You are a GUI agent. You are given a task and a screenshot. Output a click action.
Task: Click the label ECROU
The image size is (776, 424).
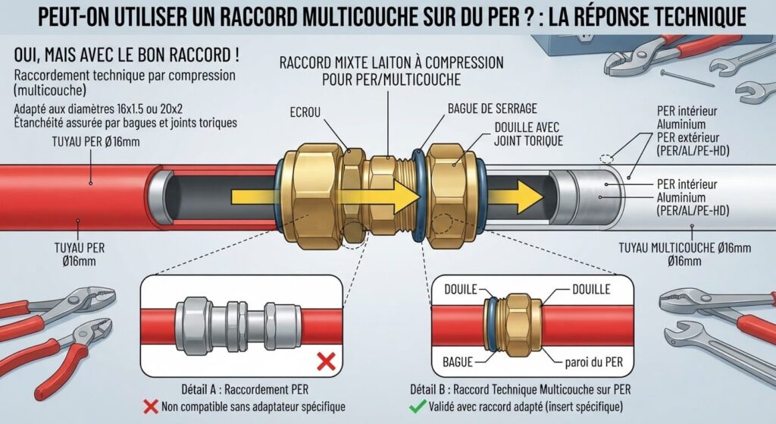click(x=305, y=113)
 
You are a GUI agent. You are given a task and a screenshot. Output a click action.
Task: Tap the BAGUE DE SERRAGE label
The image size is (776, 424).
click(x=493, y=108)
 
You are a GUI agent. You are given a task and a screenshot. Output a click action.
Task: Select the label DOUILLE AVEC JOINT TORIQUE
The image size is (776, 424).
click(x=528, y=134)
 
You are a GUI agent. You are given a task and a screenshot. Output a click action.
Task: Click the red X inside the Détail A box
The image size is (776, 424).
click(x=326, y=362)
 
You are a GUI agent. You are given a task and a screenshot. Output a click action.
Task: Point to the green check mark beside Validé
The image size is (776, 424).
click(x=418, y=407)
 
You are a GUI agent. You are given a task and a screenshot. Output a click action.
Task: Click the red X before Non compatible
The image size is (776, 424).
click(x=151, y=407)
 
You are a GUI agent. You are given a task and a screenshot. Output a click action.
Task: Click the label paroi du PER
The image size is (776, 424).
click(x=594, y=362)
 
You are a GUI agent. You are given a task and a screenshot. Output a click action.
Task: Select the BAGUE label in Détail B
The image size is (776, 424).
click(x=458, y=362)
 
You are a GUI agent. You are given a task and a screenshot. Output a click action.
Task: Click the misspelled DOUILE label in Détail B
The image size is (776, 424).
click(x=461, y=289)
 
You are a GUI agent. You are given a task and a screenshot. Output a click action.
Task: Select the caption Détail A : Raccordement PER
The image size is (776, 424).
click(x=245, y=389)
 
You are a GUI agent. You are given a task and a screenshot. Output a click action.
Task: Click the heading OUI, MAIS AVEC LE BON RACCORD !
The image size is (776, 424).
click(x=127, y=55)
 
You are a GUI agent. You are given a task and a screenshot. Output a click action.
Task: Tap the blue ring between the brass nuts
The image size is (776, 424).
click(x=418, y=196)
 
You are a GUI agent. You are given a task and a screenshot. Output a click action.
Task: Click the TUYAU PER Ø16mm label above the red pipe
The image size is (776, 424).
click(x=96, y=142)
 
